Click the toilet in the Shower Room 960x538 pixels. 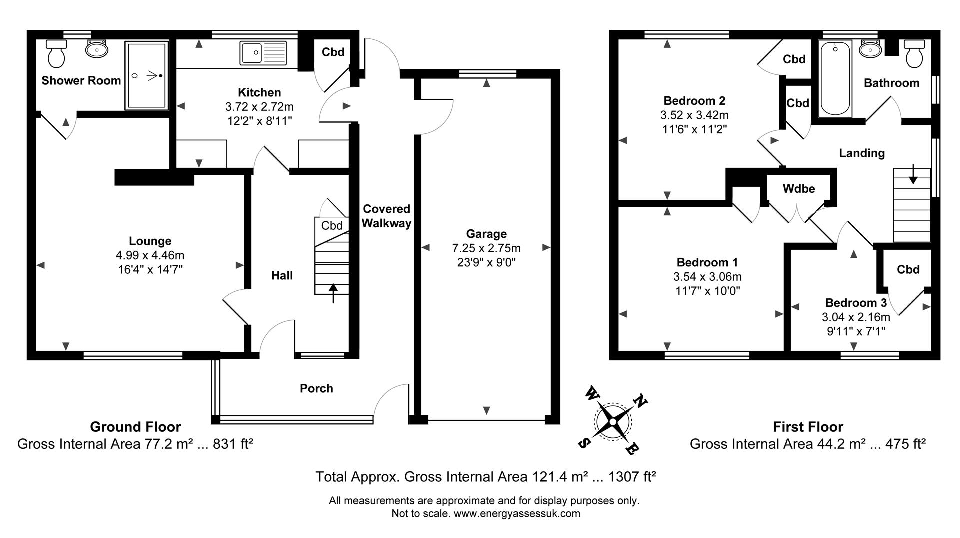tap(55, 54)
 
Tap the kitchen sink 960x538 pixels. tap(263, 53)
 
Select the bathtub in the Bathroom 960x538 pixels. tap(835, 78)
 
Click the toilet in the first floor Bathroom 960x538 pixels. tap(914, 54)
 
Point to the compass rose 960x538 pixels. tap(613, 421)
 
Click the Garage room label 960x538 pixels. tap(486, 234)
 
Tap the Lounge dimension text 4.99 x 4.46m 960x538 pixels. tap(150, 255)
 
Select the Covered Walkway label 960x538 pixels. tap(386, 216)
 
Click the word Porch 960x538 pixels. tap(316, 388)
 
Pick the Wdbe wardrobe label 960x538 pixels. tap(799, 189)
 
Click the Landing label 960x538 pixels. tap(861, 153)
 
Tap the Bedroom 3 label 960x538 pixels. tap(856, 303)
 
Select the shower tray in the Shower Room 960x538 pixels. tap(146, 75)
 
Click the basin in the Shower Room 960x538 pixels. tap(97, 49)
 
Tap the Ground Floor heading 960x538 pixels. tap(135, 427)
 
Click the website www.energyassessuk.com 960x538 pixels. tap(517, 513)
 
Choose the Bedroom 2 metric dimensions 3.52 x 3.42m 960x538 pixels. tap(694, 115)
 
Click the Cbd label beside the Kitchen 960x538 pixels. tap(333, 52)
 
